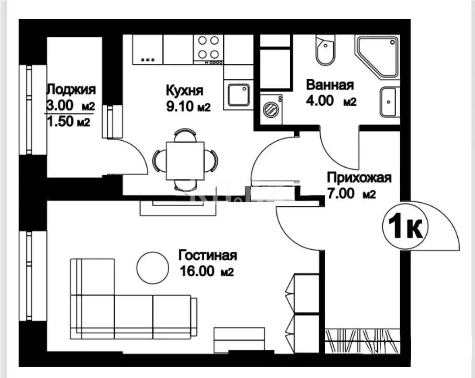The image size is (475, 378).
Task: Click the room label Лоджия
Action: click(x=71, y=90)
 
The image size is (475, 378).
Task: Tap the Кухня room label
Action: click(x=184, y=91)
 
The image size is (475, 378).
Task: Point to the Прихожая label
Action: click(x=359, y=178)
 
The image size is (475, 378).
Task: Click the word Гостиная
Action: click(x=208, y=255)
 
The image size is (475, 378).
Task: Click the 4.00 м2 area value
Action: click(x=331, y=101)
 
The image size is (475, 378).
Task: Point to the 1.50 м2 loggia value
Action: click(x=68, y=123)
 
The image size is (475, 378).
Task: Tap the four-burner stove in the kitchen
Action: click(x=208, y=47)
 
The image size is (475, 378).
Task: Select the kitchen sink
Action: click(x=238, y=94)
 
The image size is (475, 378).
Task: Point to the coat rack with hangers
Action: click(x=361, y=341)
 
